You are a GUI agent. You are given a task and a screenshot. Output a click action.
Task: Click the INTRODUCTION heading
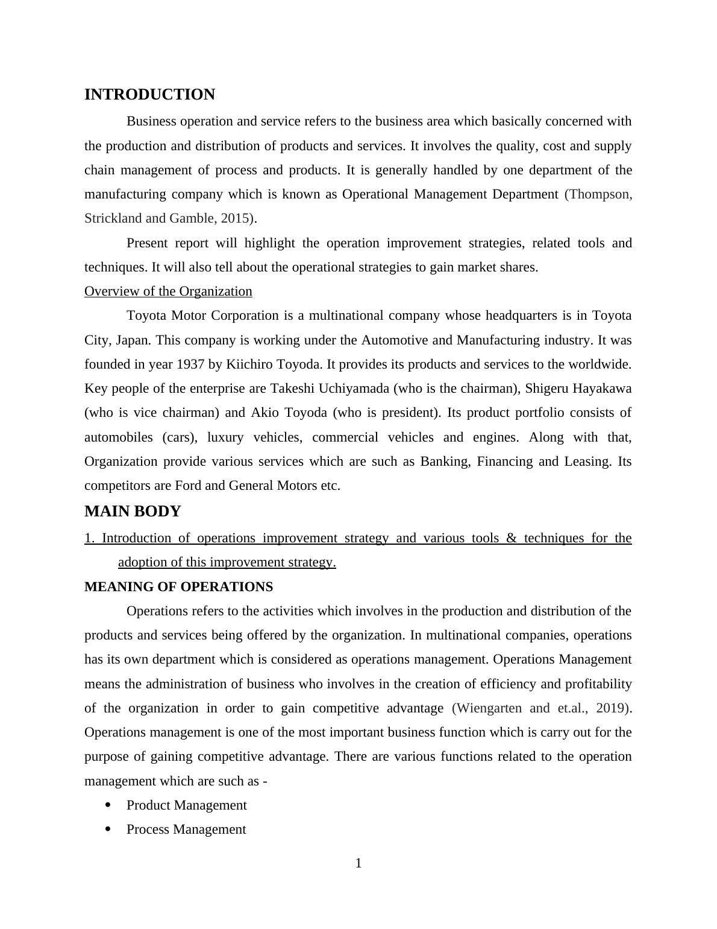tap(149, 95)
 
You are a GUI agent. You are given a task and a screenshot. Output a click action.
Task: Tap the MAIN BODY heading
tap(133, 512)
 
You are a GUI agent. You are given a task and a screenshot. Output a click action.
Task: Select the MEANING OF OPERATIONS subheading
tap(178, 587)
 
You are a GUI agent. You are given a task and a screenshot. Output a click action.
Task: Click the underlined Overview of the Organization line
tap(168, 291)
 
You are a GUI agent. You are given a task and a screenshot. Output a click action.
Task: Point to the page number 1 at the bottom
tap(358, 863)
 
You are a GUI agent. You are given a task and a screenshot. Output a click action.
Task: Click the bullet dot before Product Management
tap(108, 805)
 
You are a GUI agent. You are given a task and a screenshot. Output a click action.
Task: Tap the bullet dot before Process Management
tap(108, 829)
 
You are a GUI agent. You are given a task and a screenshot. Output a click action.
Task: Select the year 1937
tap(192, 364)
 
